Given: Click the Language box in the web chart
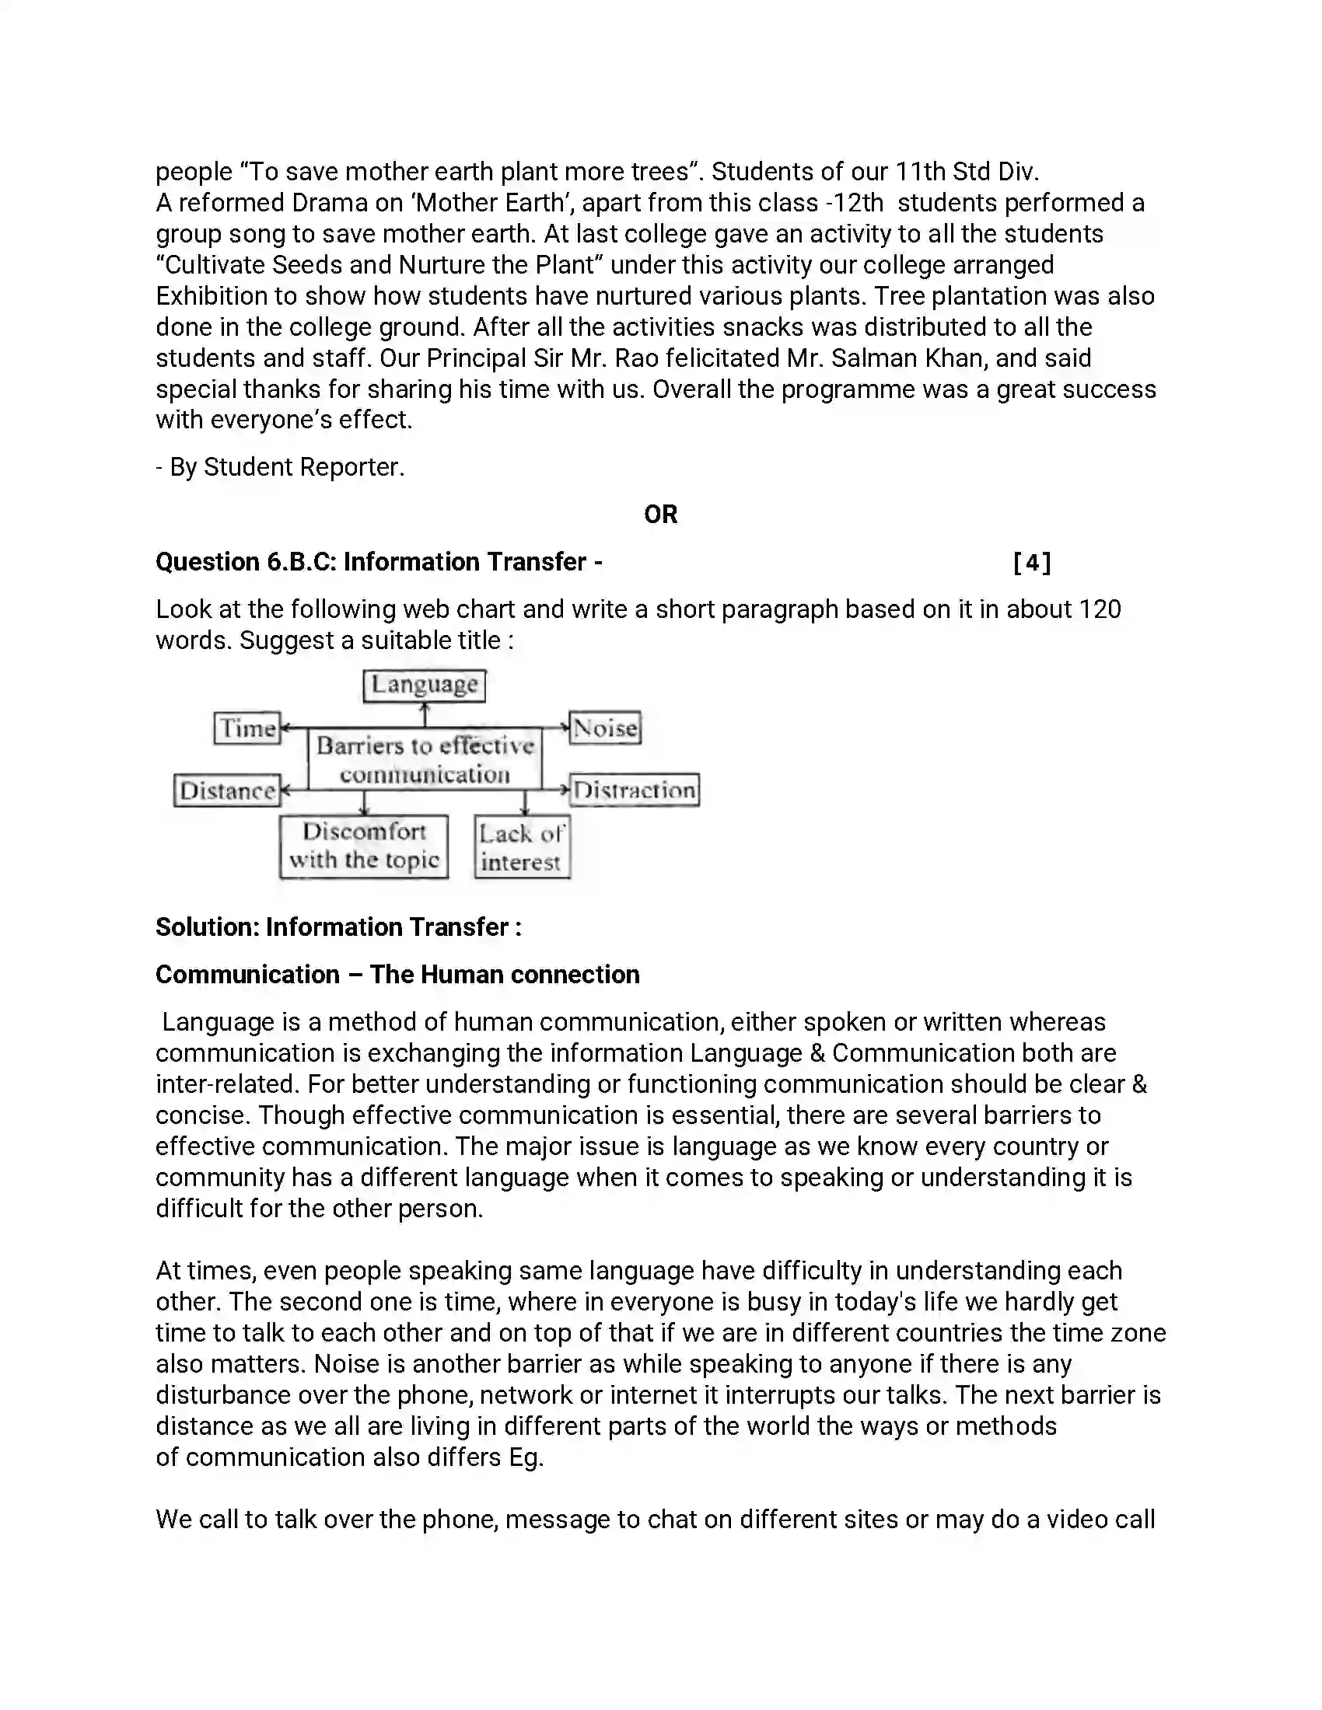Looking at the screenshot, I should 425,685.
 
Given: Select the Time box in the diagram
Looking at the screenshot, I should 247,728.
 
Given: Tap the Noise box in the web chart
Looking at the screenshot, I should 605,728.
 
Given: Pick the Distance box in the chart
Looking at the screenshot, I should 227,790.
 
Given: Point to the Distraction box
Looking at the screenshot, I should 635,790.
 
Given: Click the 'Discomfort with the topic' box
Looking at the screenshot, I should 364,846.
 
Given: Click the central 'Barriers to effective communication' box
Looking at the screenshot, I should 425,759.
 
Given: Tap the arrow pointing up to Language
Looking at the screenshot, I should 425,714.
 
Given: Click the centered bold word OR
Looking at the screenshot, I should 660,515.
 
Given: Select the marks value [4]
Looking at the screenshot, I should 1031,562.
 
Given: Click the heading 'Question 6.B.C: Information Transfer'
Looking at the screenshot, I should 378,562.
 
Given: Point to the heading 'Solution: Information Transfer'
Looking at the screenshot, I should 338,927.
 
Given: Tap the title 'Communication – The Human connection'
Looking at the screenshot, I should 397,975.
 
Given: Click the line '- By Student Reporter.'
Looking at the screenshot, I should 280,467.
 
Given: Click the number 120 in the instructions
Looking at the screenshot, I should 1100,609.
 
